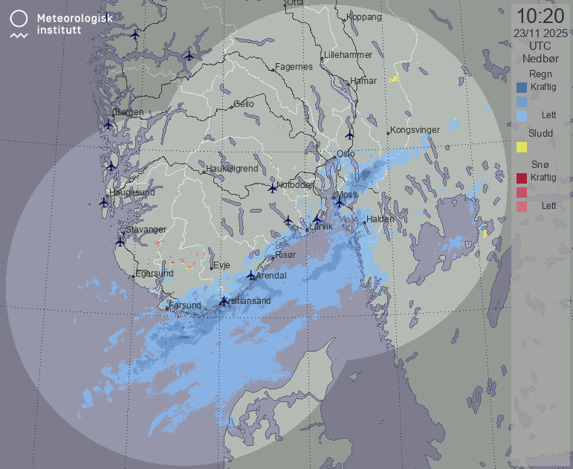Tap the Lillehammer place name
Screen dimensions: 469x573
348,56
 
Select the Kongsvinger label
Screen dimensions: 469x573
415,130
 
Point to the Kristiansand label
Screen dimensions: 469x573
248,301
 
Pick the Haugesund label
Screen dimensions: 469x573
132,193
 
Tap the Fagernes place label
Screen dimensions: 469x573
294,67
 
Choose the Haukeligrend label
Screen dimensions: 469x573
233,169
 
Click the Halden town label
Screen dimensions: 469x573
380,219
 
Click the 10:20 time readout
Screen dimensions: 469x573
540,16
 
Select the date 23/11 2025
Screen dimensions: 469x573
540,33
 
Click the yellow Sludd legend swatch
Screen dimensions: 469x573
522,147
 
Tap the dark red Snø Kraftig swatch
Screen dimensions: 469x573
522,178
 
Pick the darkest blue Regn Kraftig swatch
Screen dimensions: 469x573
522,87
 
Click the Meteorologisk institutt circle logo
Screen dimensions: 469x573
20,19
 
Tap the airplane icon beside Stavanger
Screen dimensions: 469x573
120,242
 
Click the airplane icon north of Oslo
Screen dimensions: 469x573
349,135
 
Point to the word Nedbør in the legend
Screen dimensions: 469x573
540,57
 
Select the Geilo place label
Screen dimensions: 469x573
243,104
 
